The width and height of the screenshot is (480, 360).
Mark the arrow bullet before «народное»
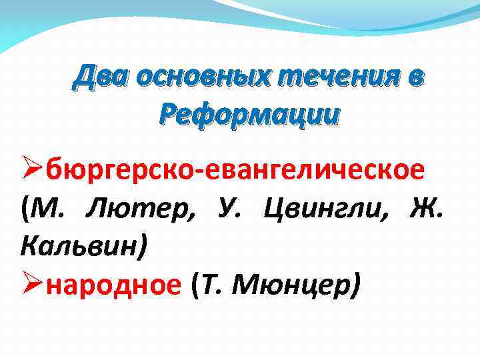(33, 286)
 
